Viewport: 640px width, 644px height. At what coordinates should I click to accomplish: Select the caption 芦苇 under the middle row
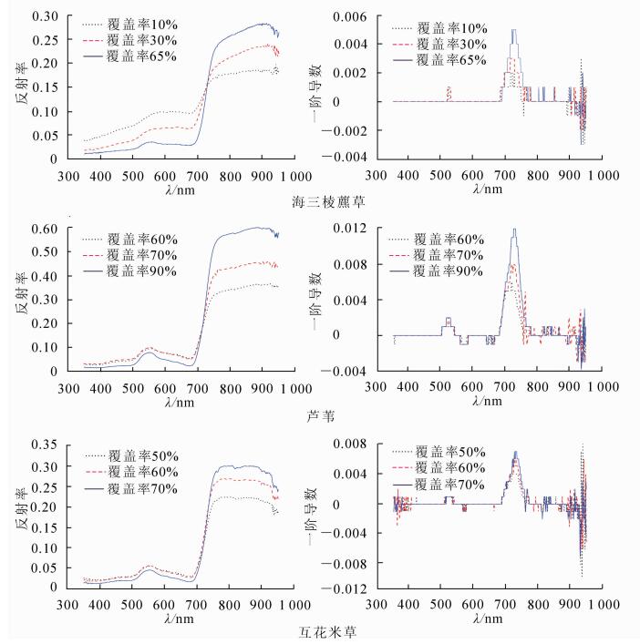tap(320, 416)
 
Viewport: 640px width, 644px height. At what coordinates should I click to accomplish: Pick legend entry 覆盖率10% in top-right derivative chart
tap(445, 26)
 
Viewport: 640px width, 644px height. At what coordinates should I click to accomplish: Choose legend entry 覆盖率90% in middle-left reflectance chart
tap(135, 271)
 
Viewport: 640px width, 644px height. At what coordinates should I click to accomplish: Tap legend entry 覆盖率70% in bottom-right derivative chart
tap(445, 485)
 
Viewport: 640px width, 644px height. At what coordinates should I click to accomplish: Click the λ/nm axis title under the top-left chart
tap(180, 188)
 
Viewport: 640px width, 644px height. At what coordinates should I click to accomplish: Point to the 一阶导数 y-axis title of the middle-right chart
tap(333, 299)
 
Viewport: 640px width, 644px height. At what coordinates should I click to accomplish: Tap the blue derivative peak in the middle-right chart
tap(514, 230)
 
